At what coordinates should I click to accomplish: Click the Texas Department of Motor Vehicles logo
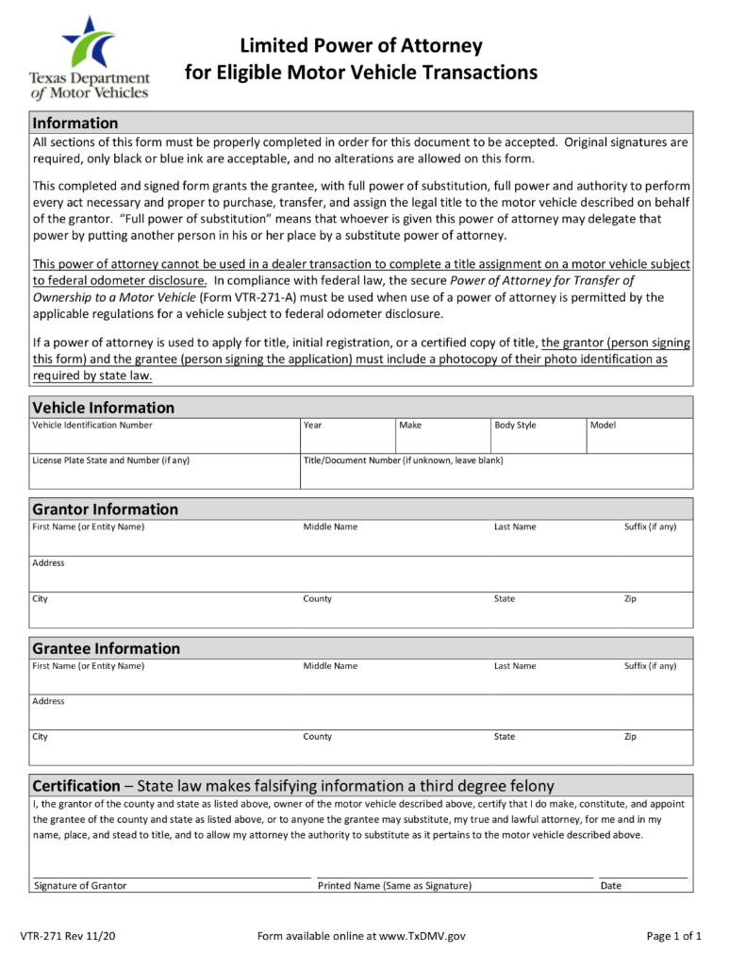[x=90, y=58]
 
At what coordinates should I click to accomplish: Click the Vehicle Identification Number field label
[x=92, y=426]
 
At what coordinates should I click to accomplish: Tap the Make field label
[x=410, y=426]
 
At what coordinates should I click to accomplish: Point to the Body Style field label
[x=515, y=426]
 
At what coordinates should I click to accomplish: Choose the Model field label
[x=603, y=426]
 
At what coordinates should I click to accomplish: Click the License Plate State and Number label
[x=111, y=460]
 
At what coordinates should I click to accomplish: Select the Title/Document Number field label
[x=403, y=460]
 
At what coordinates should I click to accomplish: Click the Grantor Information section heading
[x=105, y=510]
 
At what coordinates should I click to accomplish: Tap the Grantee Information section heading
[x=106, y=648]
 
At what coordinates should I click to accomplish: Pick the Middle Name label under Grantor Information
[x=330, y=527]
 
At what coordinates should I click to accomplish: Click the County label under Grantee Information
[x=317, y=737]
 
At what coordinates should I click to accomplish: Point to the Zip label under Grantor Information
[x=630, y=599]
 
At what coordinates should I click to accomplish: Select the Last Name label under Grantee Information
[x=515, y=666]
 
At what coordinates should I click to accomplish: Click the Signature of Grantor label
[x=80, y=886]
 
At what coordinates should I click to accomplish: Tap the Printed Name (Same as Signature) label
[x=394, y=886]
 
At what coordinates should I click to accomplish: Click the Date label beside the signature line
[x=611, y=886]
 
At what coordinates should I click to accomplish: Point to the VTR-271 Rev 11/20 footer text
[x=75, y=936]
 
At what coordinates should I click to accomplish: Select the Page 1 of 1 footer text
[x=673, y=936]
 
